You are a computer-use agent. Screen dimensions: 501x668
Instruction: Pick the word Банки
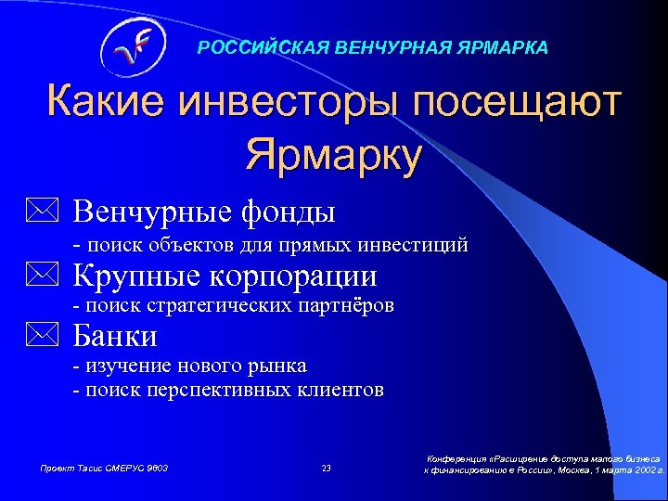(115, 335)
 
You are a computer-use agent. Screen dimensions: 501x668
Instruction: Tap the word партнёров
(350, 305)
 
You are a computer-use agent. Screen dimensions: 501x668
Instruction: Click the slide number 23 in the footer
(326, 468)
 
